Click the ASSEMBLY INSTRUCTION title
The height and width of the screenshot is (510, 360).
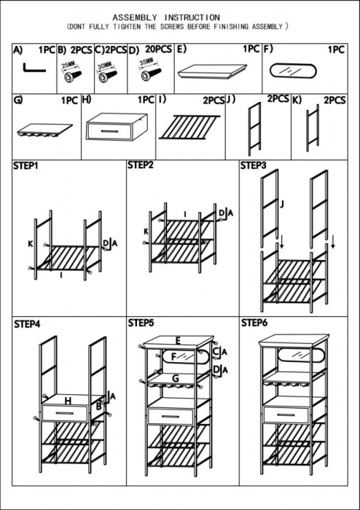(x=166, y=16)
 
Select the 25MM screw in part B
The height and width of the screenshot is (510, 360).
(x=71, y=73)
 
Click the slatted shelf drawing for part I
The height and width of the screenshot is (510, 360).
(x=188, y=128)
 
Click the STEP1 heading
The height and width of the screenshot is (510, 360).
(x=26, y=166)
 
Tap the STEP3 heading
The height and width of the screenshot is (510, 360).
(x=253, y=166)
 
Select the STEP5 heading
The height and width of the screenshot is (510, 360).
(x=141, y=322)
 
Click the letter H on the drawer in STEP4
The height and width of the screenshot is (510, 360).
(x=68, y=400)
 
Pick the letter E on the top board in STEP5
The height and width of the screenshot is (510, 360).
(x=177, y=340)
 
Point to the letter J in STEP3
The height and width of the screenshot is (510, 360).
(x=281, y=205)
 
